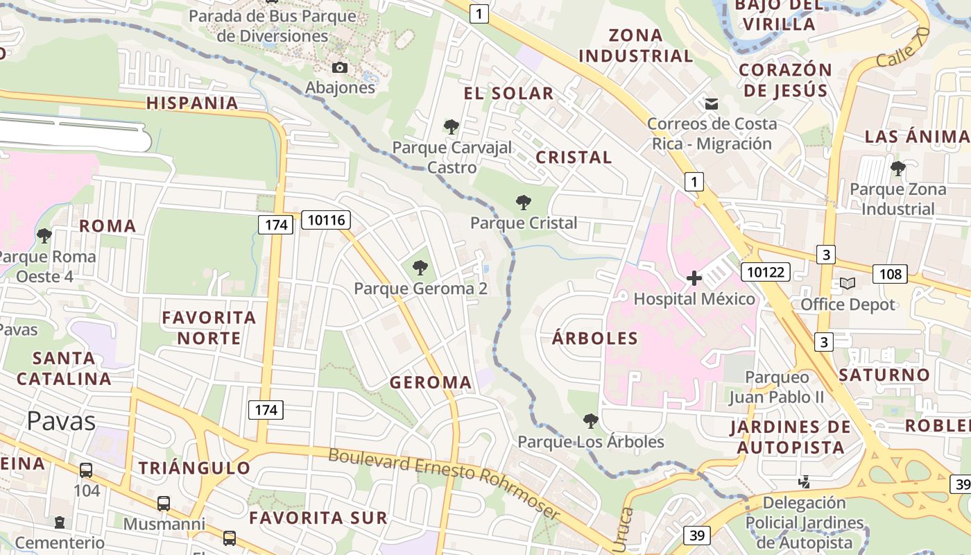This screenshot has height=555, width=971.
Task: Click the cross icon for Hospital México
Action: coord(694,279)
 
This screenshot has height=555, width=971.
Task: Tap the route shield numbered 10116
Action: coord(326,221)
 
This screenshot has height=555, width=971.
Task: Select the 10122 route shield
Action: coord(766,271)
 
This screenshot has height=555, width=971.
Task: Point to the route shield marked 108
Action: coord(891,274)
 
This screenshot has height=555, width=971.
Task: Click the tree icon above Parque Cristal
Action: coord(524,203)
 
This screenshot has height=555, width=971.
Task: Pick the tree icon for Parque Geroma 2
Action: coord(420,268)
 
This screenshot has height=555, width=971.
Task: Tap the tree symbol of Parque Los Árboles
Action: coord(590,420)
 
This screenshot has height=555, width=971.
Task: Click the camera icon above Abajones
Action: coord(340,67)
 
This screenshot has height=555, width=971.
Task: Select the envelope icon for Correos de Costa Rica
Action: coord(711,104)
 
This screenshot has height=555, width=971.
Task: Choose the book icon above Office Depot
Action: coord(847,283)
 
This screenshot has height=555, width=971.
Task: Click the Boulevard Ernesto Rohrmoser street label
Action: coord(444,483)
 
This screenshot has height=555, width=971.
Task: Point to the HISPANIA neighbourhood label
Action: coord(192,103)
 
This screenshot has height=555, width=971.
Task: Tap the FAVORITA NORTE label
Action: coord(209,328)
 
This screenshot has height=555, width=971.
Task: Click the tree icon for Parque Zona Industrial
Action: coord(897,168)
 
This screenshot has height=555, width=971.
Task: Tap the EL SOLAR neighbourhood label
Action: coord(508,94)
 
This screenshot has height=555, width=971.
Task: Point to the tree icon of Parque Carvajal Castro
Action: coord(452,127)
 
